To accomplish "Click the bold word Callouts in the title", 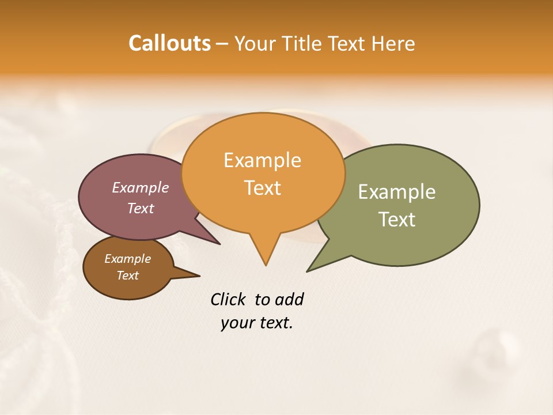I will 169,43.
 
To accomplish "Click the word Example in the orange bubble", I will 262,160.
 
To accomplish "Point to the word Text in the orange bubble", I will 262,187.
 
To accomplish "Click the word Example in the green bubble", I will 397,192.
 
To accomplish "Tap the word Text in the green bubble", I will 397,219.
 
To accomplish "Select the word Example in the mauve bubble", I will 140,187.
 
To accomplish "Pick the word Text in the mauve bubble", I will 140,208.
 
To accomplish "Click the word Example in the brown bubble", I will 127,259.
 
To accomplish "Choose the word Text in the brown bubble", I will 127,276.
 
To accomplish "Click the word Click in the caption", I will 228,299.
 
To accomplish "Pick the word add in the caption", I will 290,299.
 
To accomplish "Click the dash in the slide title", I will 223,44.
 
